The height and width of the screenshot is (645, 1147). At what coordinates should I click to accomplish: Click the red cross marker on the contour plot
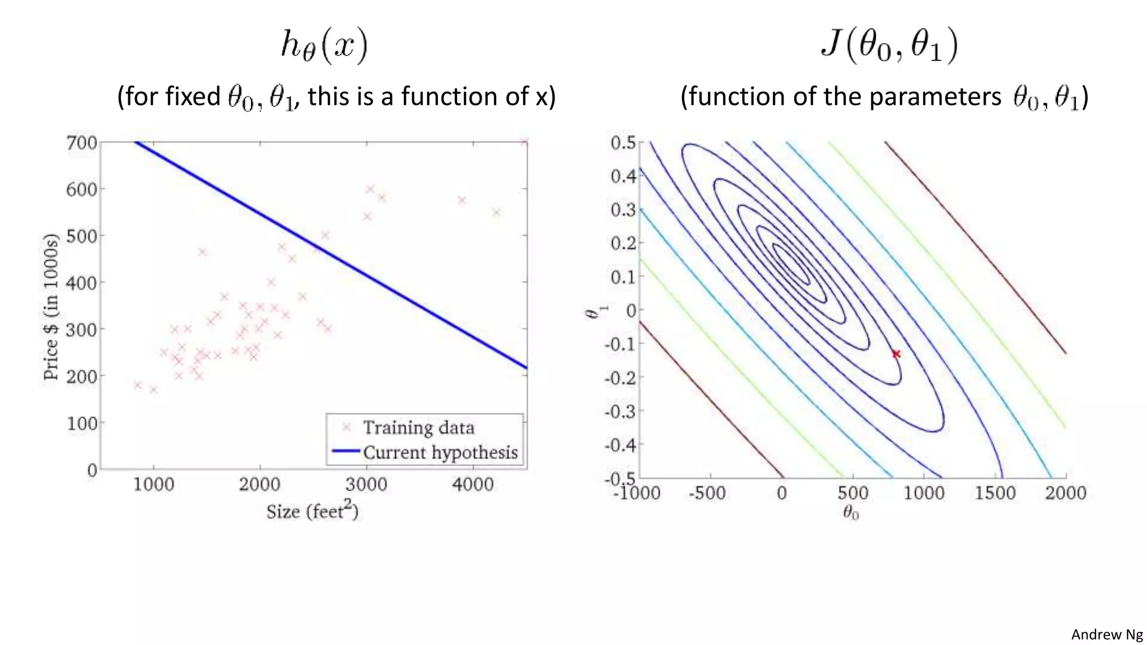(x=896, y=354)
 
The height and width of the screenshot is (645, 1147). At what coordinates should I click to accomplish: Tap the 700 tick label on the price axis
(x=82, y=143)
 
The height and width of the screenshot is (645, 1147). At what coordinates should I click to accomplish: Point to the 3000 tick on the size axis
(x=366, y=484)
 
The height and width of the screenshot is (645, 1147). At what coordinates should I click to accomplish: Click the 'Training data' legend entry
(x=418, y=428)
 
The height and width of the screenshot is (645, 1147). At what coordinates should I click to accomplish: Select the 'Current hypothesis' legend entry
(x=440, y=452)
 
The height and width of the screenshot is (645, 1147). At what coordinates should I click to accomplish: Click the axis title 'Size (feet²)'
(x=312, y=511)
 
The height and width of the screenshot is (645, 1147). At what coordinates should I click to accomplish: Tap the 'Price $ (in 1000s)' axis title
(x=51, y=307)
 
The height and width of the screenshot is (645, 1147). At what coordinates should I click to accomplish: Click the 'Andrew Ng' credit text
(x=1107, y=634)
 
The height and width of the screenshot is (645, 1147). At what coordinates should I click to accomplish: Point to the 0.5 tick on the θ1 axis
(x=623, y=143)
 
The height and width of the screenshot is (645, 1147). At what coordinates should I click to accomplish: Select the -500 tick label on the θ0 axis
(x=707, y=493)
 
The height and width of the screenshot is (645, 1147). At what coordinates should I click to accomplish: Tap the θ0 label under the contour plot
(x=851, y=512)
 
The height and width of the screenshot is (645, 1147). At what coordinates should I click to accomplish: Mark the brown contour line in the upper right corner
(x=975, y=246)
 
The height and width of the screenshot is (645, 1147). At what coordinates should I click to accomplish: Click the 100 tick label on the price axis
(x=82, y=423)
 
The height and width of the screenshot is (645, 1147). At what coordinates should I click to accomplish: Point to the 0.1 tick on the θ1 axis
(x=623, y=277)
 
